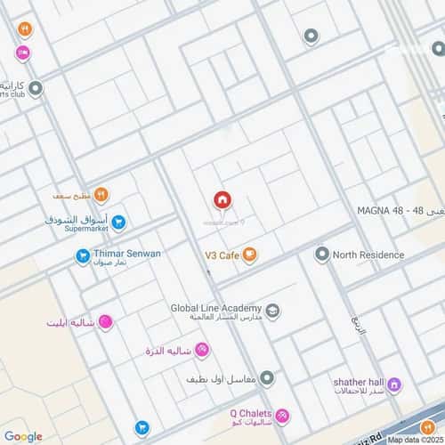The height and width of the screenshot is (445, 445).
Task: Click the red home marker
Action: coord(222,200)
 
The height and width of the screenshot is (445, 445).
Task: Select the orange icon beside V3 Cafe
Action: coord(250,255)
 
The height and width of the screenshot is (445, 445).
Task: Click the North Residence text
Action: coord(368,255)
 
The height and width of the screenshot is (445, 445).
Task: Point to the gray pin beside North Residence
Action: coord(321,255)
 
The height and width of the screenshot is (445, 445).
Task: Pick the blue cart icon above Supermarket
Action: coord(118,222)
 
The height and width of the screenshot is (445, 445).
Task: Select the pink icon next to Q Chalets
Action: coord(282,417)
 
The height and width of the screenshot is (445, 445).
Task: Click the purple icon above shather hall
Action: coord(394,384)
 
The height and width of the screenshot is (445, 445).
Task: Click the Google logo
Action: coord(23,436)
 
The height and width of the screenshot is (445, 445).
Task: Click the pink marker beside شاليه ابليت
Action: coord(105,322)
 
